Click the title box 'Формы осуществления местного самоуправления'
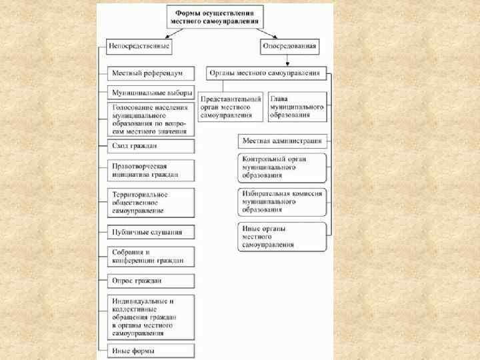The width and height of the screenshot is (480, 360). point(215,17)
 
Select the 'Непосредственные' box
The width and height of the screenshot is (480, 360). point(139,47)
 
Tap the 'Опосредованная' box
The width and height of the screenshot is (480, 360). point(289,47)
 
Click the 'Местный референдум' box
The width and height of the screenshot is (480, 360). point(151,73)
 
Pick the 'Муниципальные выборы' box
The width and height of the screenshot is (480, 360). point(151,93)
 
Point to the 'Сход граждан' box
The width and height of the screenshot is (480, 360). point(151,146)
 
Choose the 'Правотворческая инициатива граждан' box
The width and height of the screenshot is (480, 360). point(151,170)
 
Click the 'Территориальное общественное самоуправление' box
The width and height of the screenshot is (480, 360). point(151,202)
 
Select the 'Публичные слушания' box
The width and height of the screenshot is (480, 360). point(151,233)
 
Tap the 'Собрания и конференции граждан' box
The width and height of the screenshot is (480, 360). point(151,257)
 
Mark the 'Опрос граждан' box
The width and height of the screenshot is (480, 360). point(151,281)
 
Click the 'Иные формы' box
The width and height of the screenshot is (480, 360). point(151,351)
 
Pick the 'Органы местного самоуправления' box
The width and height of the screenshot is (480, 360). point(265,73)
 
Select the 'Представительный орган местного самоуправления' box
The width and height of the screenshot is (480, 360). point(231,107)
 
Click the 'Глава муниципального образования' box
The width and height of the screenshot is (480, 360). point(297,107)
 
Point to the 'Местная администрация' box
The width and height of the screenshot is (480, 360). point(283,141)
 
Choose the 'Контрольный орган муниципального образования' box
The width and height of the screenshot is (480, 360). point(283,167)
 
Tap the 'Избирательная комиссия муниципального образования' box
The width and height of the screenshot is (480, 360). point(283,201)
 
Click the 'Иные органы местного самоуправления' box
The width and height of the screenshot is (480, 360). point(283,237)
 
